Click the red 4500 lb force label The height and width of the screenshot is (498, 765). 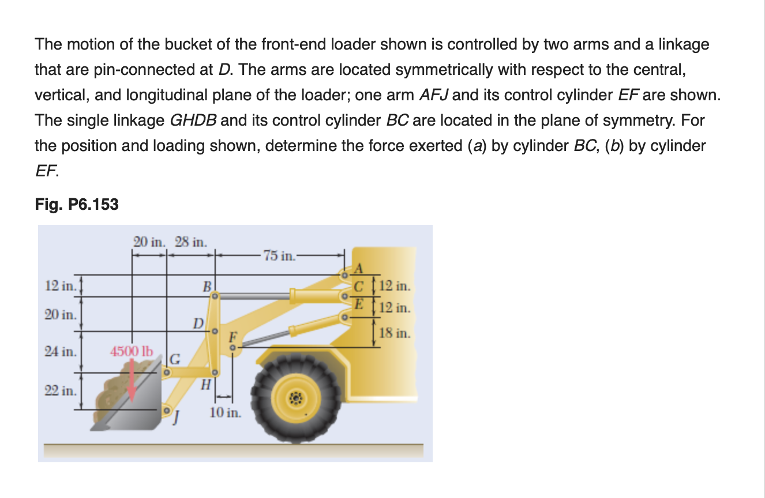tap(132, 350)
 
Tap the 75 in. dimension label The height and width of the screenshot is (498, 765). tap(279, 255)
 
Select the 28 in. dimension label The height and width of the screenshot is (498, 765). tap(191, 242)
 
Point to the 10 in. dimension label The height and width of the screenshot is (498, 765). tap(225, 413)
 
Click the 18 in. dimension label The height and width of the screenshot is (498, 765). tap(395, 333)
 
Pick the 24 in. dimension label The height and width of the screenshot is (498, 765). tap(61, 350)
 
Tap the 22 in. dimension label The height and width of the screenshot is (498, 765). tap(61, 390)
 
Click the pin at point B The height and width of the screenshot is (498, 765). tap(213, 296)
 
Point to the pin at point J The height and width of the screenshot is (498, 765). tap(167, 410)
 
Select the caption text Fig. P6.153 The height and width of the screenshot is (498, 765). tap(77, 204)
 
